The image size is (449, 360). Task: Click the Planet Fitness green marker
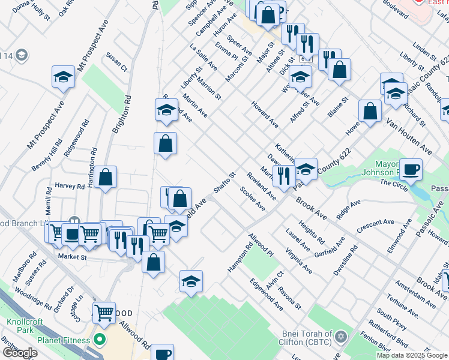pos(100,340)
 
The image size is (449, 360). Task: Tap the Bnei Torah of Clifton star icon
pos(342,335)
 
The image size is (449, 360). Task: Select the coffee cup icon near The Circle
pos(411,169)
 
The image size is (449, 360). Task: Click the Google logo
pos(20,353)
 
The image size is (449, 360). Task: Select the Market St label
pos(73,257)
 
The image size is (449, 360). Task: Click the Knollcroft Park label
pos(25,326)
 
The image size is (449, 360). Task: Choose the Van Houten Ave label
pos(409,136)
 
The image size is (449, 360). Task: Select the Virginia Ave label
pos(299,262)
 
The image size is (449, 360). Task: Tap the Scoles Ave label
pos(252,199)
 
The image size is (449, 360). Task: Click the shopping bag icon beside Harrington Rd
pos(105,177)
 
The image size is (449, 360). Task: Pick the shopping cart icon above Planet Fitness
pos(104,312)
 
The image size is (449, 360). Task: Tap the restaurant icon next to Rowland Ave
pos(283,175)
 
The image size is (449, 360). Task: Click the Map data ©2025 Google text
pos(411,355)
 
